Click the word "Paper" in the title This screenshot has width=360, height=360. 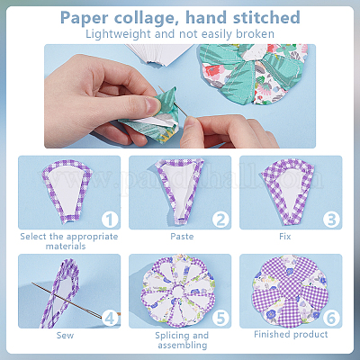(x=85, y=18)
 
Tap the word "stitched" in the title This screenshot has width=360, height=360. (x=266, y=17)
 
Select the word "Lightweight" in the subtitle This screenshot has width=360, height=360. (x=118, y=34)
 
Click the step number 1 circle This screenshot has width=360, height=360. (x=110, y=220)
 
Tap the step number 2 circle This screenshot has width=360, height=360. (x=220, y=220)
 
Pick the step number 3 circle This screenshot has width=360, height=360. (x=331, y=220)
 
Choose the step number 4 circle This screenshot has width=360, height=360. (x=110, y=318)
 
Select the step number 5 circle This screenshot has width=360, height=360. (x=220, y=318)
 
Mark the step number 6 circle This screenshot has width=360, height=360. (x=331, y=318)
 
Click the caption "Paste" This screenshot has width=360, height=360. (x=182, y=237)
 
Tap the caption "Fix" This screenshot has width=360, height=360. (x=284, y=237)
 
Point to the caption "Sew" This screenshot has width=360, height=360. (x=65, y=335)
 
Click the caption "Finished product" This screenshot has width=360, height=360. (x=291, y=334)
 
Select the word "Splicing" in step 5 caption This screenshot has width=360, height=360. (x=169, y=336)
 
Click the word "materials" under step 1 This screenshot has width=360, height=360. (x=66, y=247)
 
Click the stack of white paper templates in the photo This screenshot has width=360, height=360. (x=159, y=54)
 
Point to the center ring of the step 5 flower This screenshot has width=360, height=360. (x=178, y=291)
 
